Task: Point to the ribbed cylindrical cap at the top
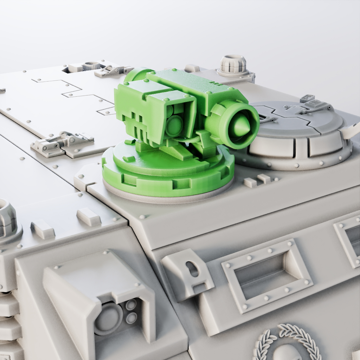(x=233, y=64)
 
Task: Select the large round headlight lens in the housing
(x=108, y=318)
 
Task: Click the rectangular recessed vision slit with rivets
(x=266, y=275)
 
